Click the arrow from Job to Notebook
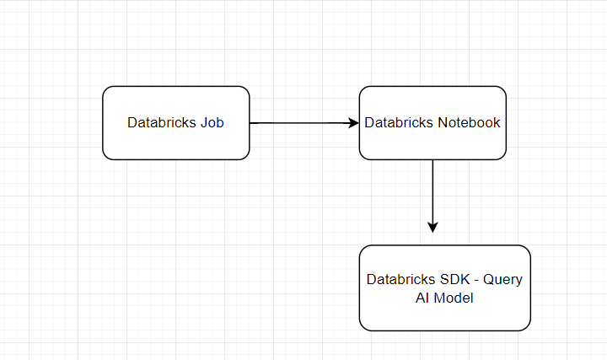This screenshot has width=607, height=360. (303, 122)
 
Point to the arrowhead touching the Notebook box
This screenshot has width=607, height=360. (354, 122)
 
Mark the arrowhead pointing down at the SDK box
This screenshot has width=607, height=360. (432, 227)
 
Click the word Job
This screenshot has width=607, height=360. (213, 122)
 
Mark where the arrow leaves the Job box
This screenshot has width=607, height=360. (251, 122)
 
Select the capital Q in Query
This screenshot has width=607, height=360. (487, 280)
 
